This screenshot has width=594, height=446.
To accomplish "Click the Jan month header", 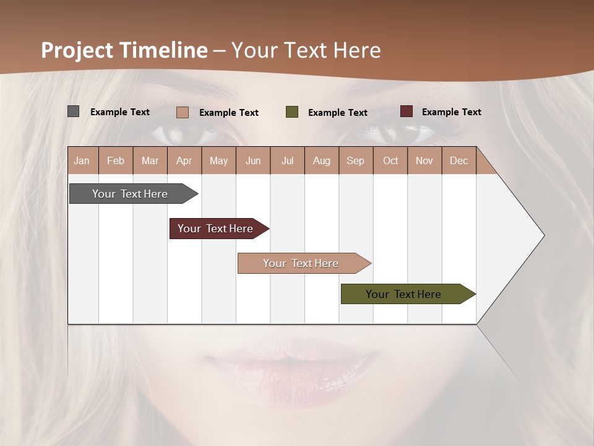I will pyautogui.click(x=82, y=161).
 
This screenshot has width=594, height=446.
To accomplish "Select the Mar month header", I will pyautogui.click(x=150, y=161).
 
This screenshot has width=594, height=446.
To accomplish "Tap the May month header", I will pyautogui.click(x=218, y=161).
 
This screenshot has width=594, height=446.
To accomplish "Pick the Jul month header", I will pyautogui.click(x=287, y=161).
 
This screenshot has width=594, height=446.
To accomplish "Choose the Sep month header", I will pyautogui.click(x=355, y=161).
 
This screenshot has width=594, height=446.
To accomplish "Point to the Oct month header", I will pyautogui.click(x=390, y=161).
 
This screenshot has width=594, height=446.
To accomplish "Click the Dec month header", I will pyautogui.click(x=458, y=161).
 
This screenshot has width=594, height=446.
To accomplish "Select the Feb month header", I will pyautogui.click(x=116, y=161).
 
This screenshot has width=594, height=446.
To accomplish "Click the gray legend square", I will pyautogui.click(x=74, y=111).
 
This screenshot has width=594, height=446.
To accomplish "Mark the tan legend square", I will pyautogui.click(x=183, y=112).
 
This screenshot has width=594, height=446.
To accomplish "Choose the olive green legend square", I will pyautogui.click(x=292, y=112).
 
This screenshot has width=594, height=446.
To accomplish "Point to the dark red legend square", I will pyautogui.click(x=407, y=111).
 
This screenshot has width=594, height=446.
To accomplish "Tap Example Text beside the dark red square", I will pyautogui.click(x=451, y=112).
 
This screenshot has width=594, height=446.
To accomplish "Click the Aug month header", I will pyautogui.click(x=321, y=161).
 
